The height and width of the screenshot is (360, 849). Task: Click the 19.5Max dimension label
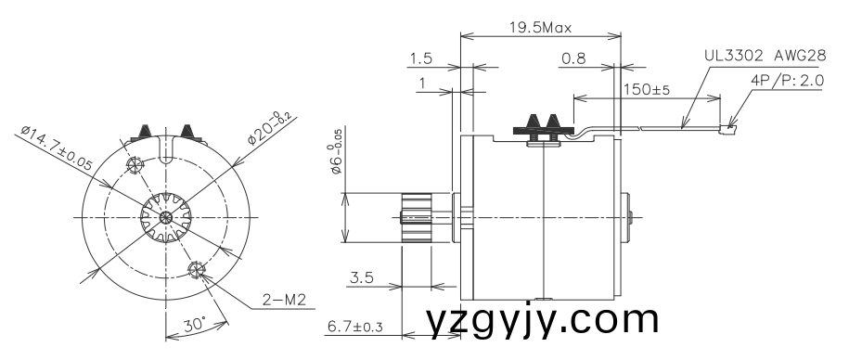[540, 27]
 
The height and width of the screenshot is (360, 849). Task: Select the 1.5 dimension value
[420, 59]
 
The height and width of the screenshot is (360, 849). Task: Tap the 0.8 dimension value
[573, 59]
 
